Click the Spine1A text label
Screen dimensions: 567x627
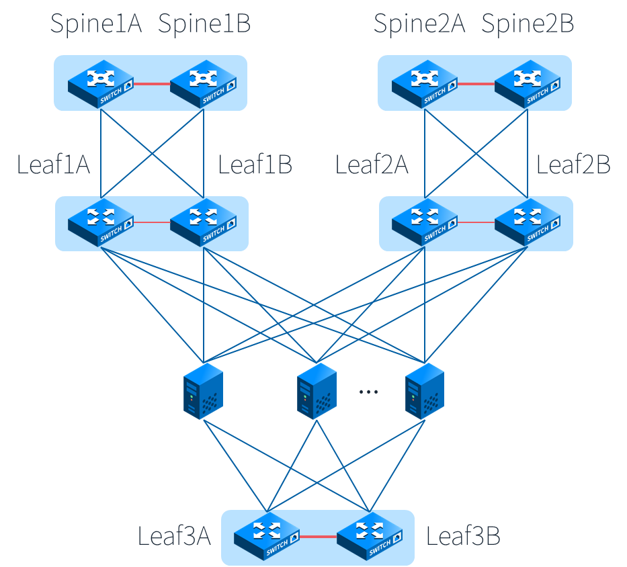(x=96, y=24)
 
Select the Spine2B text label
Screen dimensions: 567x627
(x=528, y=24)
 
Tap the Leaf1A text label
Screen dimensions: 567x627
(x=53, y=165)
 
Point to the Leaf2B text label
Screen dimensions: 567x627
(x=573, y=165)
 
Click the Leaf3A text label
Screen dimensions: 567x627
(x=174, y=537)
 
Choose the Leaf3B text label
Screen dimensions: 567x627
(x=463, y=537)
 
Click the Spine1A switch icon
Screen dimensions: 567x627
(x=100, y=84)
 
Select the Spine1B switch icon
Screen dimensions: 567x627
(x=203, y=84)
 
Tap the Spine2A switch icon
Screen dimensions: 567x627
(x=425, y=84)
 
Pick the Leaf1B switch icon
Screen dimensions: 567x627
(x=203, y=221)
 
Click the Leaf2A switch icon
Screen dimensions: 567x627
(x=425, y=221)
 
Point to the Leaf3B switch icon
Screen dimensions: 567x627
(x=369, y=537)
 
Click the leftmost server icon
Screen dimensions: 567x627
(x=203, y=392)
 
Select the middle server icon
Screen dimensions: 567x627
(x=317, y=392)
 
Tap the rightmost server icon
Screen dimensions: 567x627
(x=424, y=392)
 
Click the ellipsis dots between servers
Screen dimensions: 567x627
(x=368, y=391)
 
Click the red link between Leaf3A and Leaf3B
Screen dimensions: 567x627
(x=317, y=537)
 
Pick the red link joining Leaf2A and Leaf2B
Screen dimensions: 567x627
(x=476, y=222)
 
